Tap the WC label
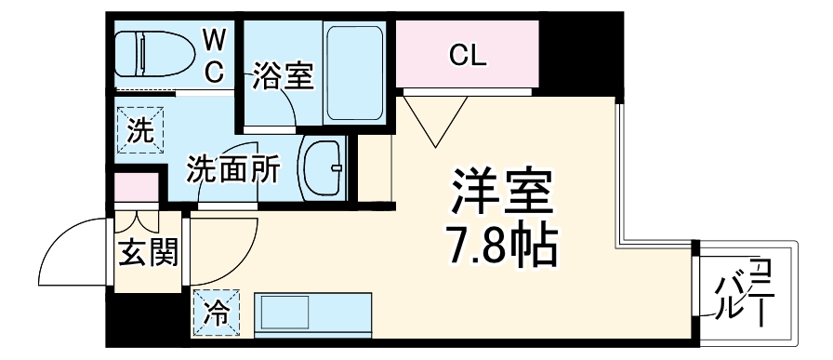214,56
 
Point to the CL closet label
468,57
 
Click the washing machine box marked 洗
139,130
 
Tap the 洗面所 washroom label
232,169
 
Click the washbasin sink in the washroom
322,167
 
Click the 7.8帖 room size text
503,244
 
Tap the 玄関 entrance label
147,251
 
